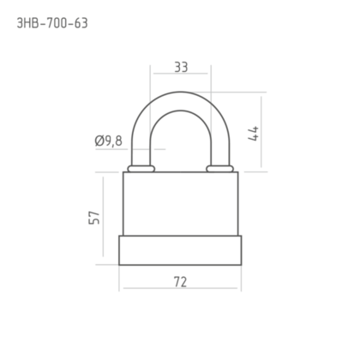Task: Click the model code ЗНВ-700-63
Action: (52, 23)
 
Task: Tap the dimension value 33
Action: (181, 68)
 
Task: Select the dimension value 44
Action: (254, 134)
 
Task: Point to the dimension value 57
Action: (94, 218)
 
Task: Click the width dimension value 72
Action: (180, 282)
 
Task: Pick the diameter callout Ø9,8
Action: (109, 141)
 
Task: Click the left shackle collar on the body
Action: (141, 169)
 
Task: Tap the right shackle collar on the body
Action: (219, 169)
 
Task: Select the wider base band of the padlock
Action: (180, 250)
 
